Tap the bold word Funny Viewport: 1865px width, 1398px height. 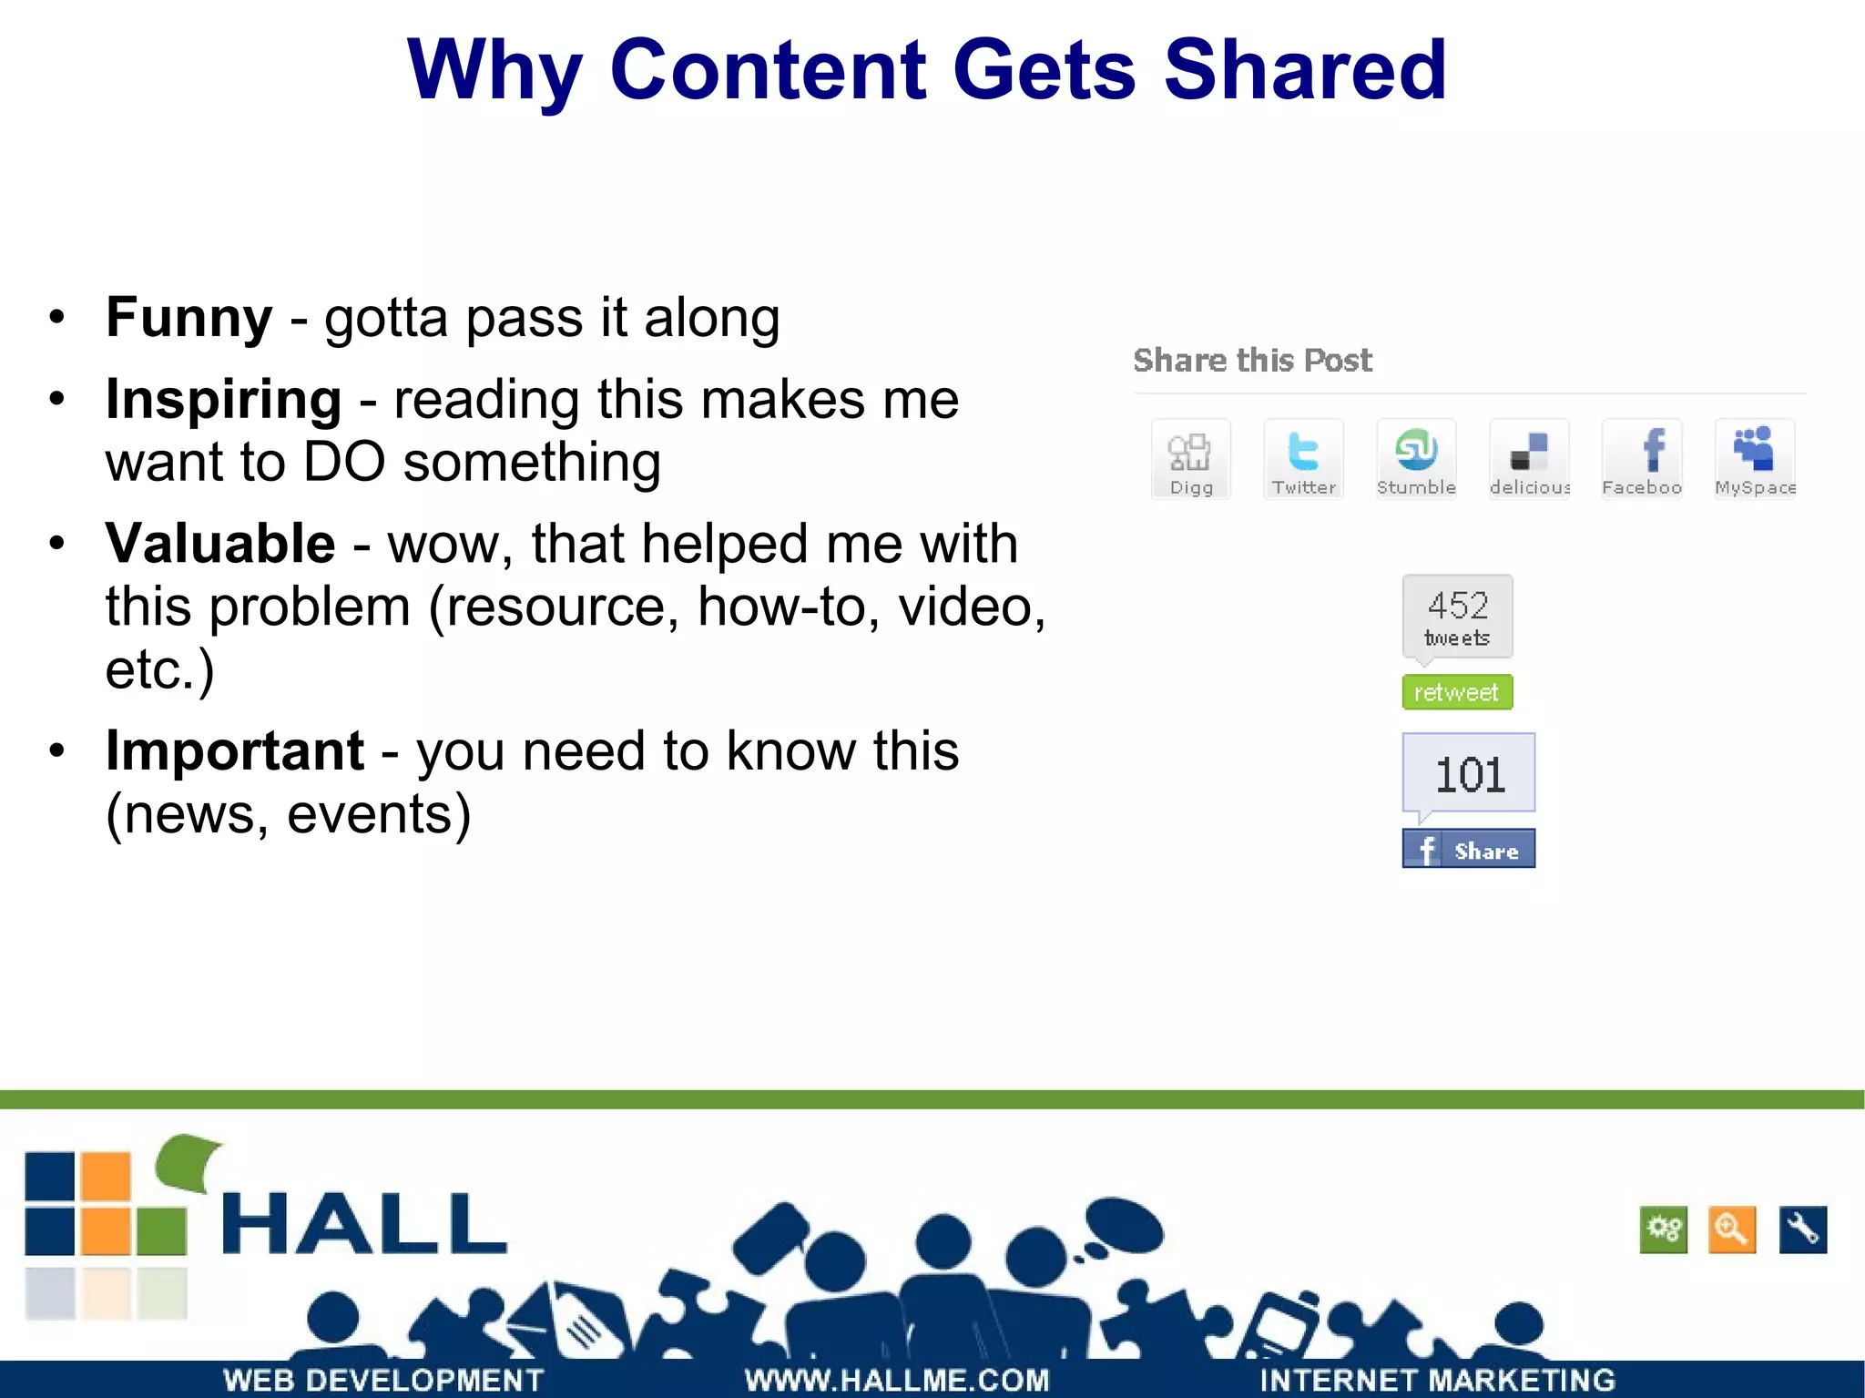[x=189, y=318]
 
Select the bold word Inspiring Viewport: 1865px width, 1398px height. [x=223, y=400]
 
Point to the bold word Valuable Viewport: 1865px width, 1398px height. [x=220, y=544]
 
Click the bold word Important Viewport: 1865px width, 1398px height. [x=235, y=751]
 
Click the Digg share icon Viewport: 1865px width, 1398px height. [x=1190, y=459]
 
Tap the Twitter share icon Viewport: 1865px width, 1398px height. [x=1303, y=459]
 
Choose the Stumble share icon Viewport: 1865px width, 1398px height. [x=1416, y=459]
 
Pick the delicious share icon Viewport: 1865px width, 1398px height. [x=1529, y=459]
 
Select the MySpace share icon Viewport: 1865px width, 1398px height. [x=1754, y=459]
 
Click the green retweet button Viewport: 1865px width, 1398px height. [x=1456, y=692]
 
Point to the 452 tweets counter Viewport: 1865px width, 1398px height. [x=1457, y=617]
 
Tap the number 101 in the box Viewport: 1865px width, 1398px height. [x=1469, y=774]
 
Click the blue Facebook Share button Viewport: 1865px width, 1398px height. [x=1468, y=849]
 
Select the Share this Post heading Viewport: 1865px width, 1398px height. [x=1252, y=361]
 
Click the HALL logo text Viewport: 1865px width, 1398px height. [x=363, y=1223]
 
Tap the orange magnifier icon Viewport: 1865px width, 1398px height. [x=1731, y=1230]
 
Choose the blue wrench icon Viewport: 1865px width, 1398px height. [x=1802, y=1230]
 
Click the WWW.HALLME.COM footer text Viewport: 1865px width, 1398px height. [x=897, y=1380]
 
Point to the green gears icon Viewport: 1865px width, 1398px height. [x=1663, y=1230]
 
